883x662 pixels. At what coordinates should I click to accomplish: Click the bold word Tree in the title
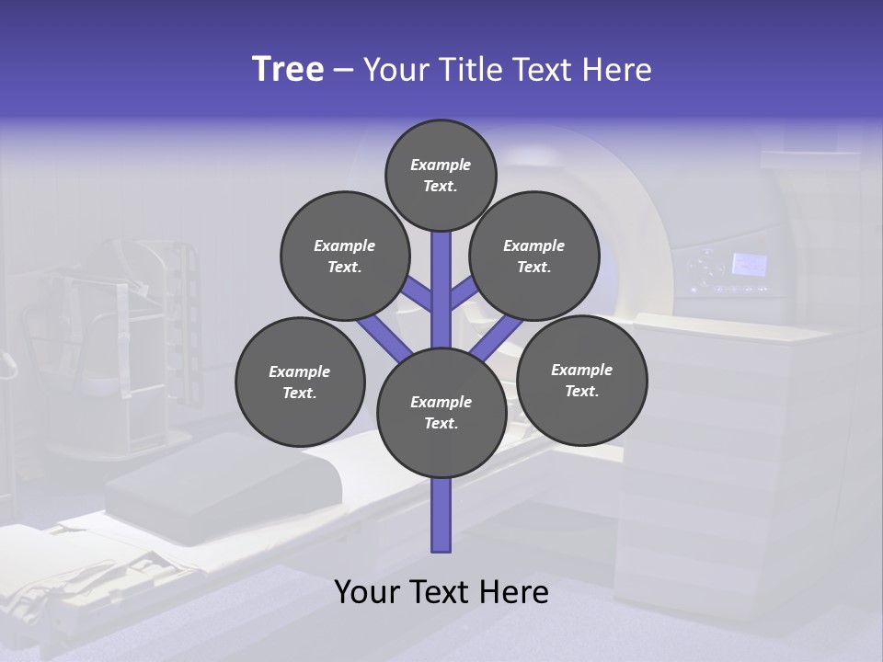(288, 70)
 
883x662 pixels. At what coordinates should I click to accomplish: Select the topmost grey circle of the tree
(441, 175)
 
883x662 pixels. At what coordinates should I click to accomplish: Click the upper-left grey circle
(344, 256)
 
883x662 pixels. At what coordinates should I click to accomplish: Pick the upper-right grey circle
(534, 256)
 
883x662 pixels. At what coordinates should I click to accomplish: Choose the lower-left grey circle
(300, 382)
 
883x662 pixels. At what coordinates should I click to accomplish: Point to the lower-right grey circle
(582, 380)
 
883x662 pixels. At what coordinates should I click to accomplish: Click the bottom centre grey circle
(441, 412)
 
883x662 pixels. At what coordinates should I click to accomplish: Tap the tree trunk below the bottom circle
(441, 515)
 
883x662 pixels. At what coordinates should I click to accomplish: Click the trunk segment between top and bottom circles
(441, 290)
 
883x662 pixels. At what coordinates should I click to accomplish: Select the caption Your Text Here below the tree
(441, 592)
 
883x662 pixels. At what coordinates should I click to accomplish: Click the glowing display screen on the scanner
(749, 265)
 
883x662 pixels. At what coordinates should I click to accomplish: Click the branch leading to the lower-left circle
(384, 337)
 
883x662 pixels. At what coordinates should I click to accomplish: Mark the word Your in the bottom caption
(368, 592)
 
